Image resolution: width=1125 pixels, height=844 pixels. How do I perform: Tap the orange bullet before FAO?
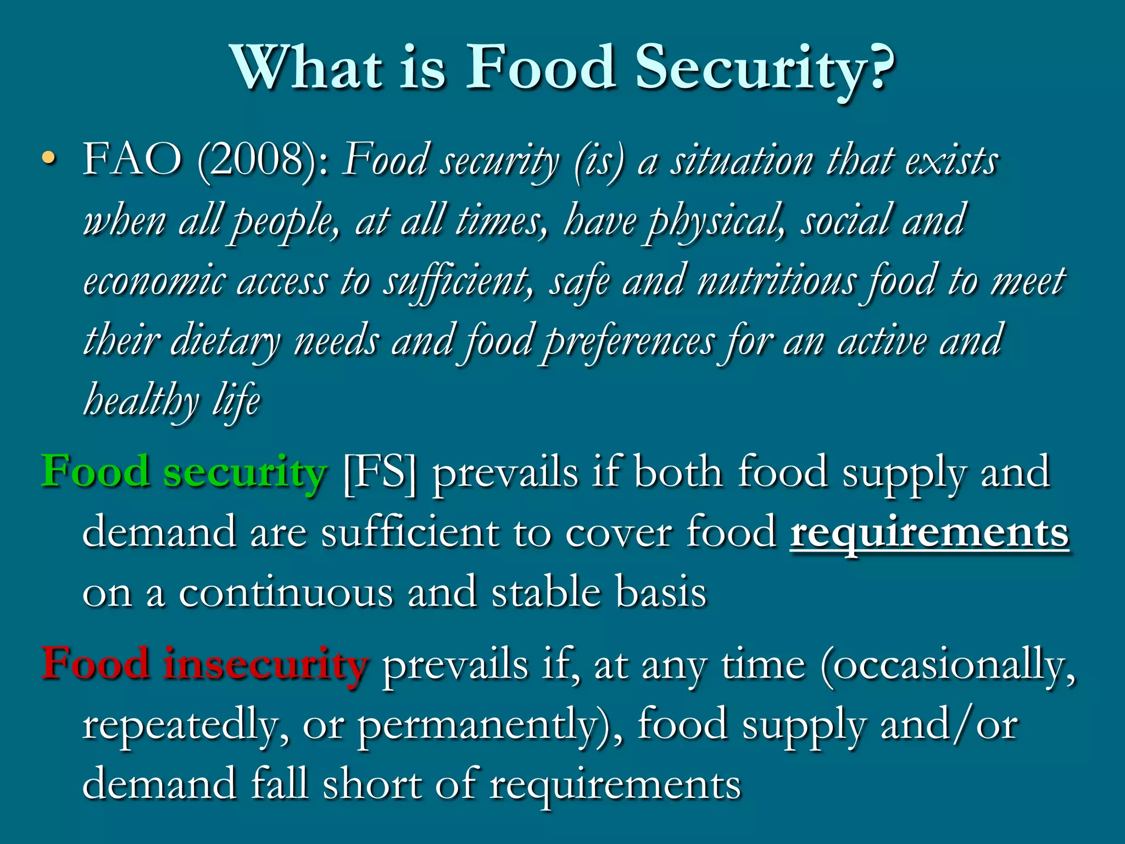(x=49, y=159)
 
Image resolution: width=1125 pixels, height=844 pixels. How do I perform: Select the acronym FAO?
(x=132, y=160)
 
